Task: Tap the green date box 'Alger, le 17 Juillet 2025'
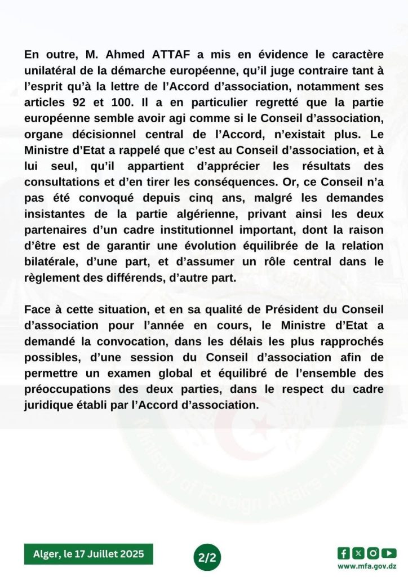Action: pyautogui.click(x=88, y=554)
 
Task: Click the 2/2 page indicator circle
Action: pyautogui.click(x=203, y=558)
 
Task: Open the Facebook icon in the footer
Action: pyautogui.click(x=343, y=553)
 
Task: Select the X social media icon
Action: pyautogui.click(x=358, y=553)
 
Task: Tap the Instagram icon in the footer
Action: pyautogui.click(x=373, y=553)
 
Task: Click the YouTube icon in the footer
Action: pyautogui.click(x=389, y=553)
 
